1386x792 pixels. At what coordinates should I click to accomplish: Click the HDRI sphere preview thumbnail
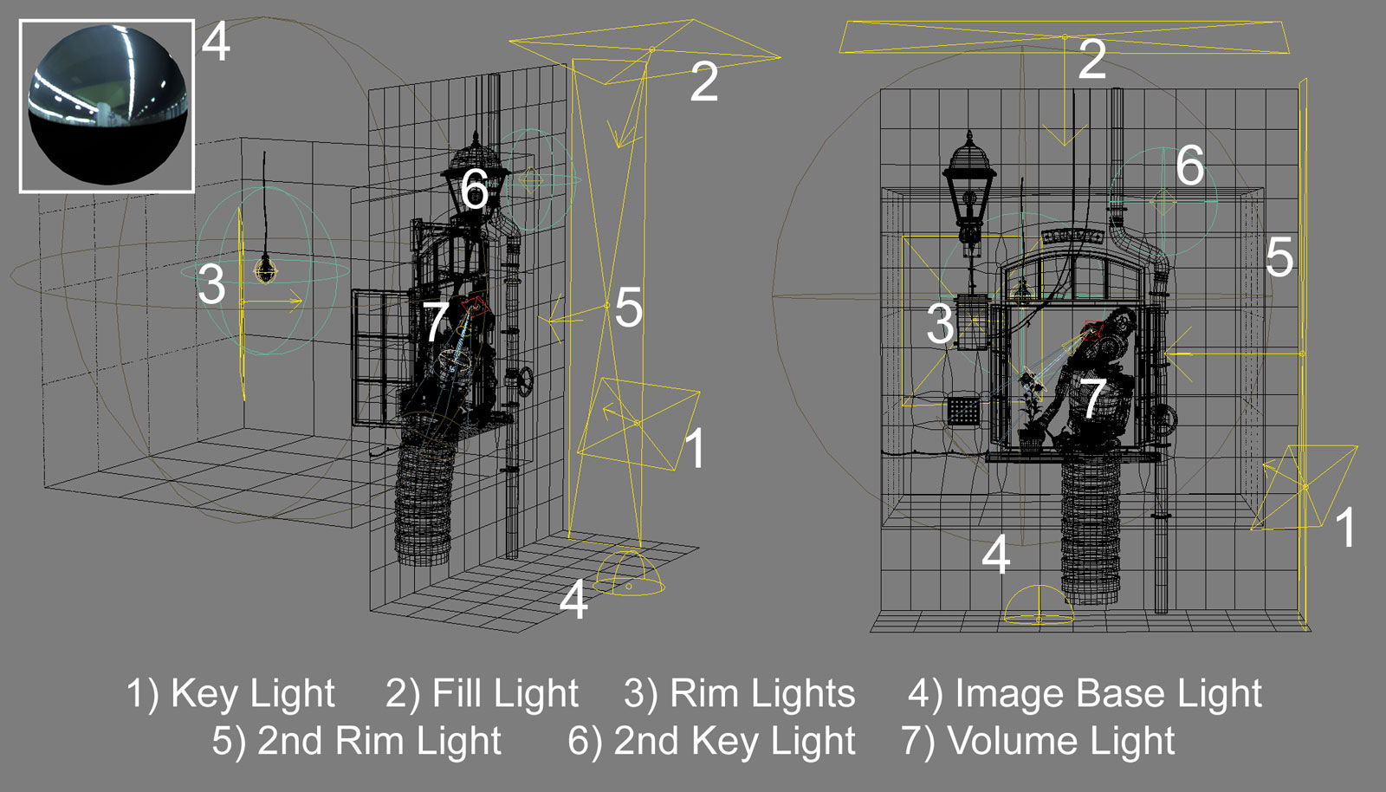pos(107,106)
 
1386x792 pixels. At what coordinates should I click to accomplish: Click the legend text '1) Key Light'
pos(230,694)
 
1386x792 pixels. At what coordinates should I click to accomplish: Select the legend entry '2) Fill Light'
pos(482,694)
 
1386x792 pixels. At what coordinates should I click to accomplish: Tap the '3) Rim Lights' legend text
pos(739,694)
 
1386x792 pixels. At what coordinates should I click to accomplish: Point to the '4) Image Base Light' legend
pos(1085,694)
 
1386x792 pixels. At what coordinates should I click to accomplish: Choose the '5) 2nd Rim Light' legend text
pos(357,742)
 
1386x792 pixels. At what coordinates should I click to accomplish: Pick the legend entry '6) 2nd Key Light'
pos(711,742)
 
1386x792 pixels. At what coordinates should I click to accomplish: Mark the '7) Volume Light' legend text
pos(1038,742)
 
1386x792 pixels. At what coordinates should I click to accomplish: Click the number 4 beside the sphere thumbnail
pos(216,42)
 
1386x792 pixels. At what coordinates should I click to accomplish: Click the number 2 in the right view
pos(1092,60)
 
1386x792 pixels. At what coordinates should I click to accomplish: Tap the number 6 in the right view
pos(1190,166)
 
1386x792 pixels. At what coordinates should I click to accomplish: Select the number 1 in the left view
pos(695,449)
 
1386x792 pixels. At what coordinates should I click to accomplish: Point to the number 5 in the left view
pos(628,308)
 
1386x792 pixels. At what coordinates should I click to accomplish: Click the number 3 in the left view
pos(211,284)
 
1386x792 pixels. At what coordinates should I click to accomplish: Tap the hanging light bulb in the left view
pos(265,269)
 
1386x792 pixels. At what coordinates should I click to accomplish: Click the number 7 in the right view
pos(1093,398)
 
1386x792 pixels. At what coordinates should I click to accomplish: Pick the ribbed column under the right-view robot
pos(1090,529)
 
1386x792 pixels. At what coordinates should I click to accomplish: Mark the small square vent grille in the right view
pos(963,409)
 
